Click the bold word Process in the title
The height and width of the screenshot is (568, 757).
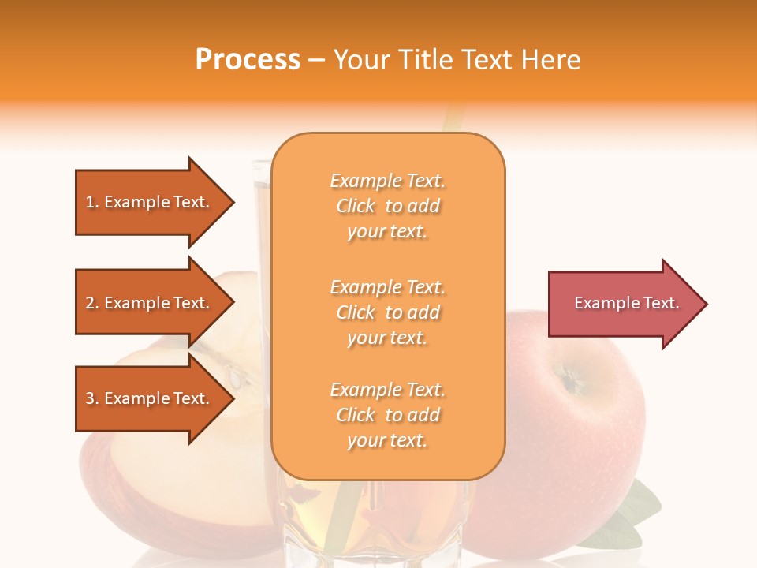[248, 60]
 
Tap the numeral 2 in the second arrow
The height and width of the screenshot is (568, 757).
[90, 303]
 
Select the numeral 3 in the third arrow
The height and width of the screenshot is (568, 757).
[90, 398]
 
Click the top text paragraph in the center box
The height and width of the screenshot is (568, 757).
[387, 206]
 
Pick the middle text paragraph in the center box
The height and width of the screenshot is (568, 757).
[387, 312]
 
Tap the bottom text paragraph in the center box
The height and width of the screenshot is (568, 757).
[387, 415]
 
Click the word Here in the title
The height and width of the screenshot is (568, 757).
[553, 60]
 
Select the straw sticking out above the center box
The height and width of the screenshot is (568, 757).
[453, 118]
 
